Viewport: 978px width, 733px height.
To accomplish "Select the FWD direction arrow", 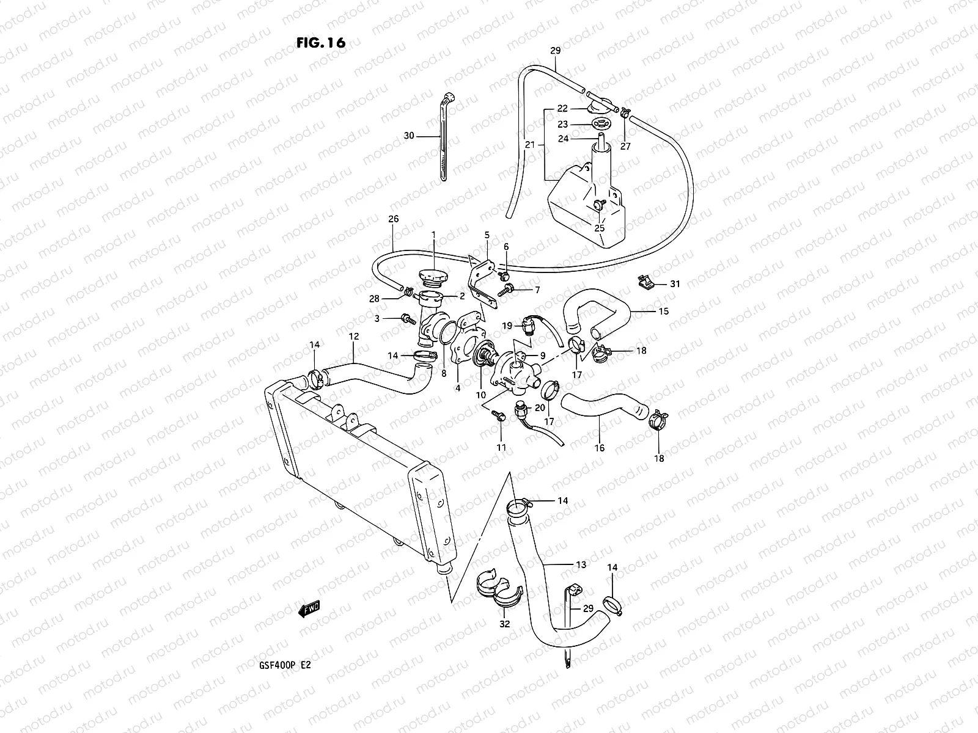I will (309, 609).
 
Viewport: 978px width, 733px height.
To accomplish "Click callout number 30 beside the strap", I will (409, 136).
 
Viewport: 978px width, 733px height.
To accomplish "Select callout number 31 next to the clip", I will (675, 284).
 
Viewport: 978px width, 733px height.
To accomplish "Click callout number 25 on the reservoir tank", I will (600, 228).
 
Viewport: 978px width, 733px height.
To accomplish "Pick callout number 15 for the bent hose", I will (663, 311).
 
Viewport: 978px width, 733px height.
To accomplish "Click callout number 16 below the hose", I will (600, 448).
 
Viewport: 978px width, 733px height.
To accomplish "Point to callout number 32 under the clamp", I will (504, 625).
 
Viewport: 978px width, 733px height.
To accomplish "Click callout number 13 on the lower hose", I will (581, 564).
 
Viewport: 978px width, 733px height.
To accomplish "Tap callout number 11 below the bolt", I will (501, 448).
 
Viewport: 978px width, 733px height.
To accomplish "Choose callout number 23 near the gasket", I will (562, 124).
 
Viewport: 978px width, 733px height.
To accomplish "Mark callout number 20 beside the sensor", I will (540, 407).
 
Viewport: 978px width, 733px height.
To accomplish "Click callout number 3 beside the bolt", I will (377, 318).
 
